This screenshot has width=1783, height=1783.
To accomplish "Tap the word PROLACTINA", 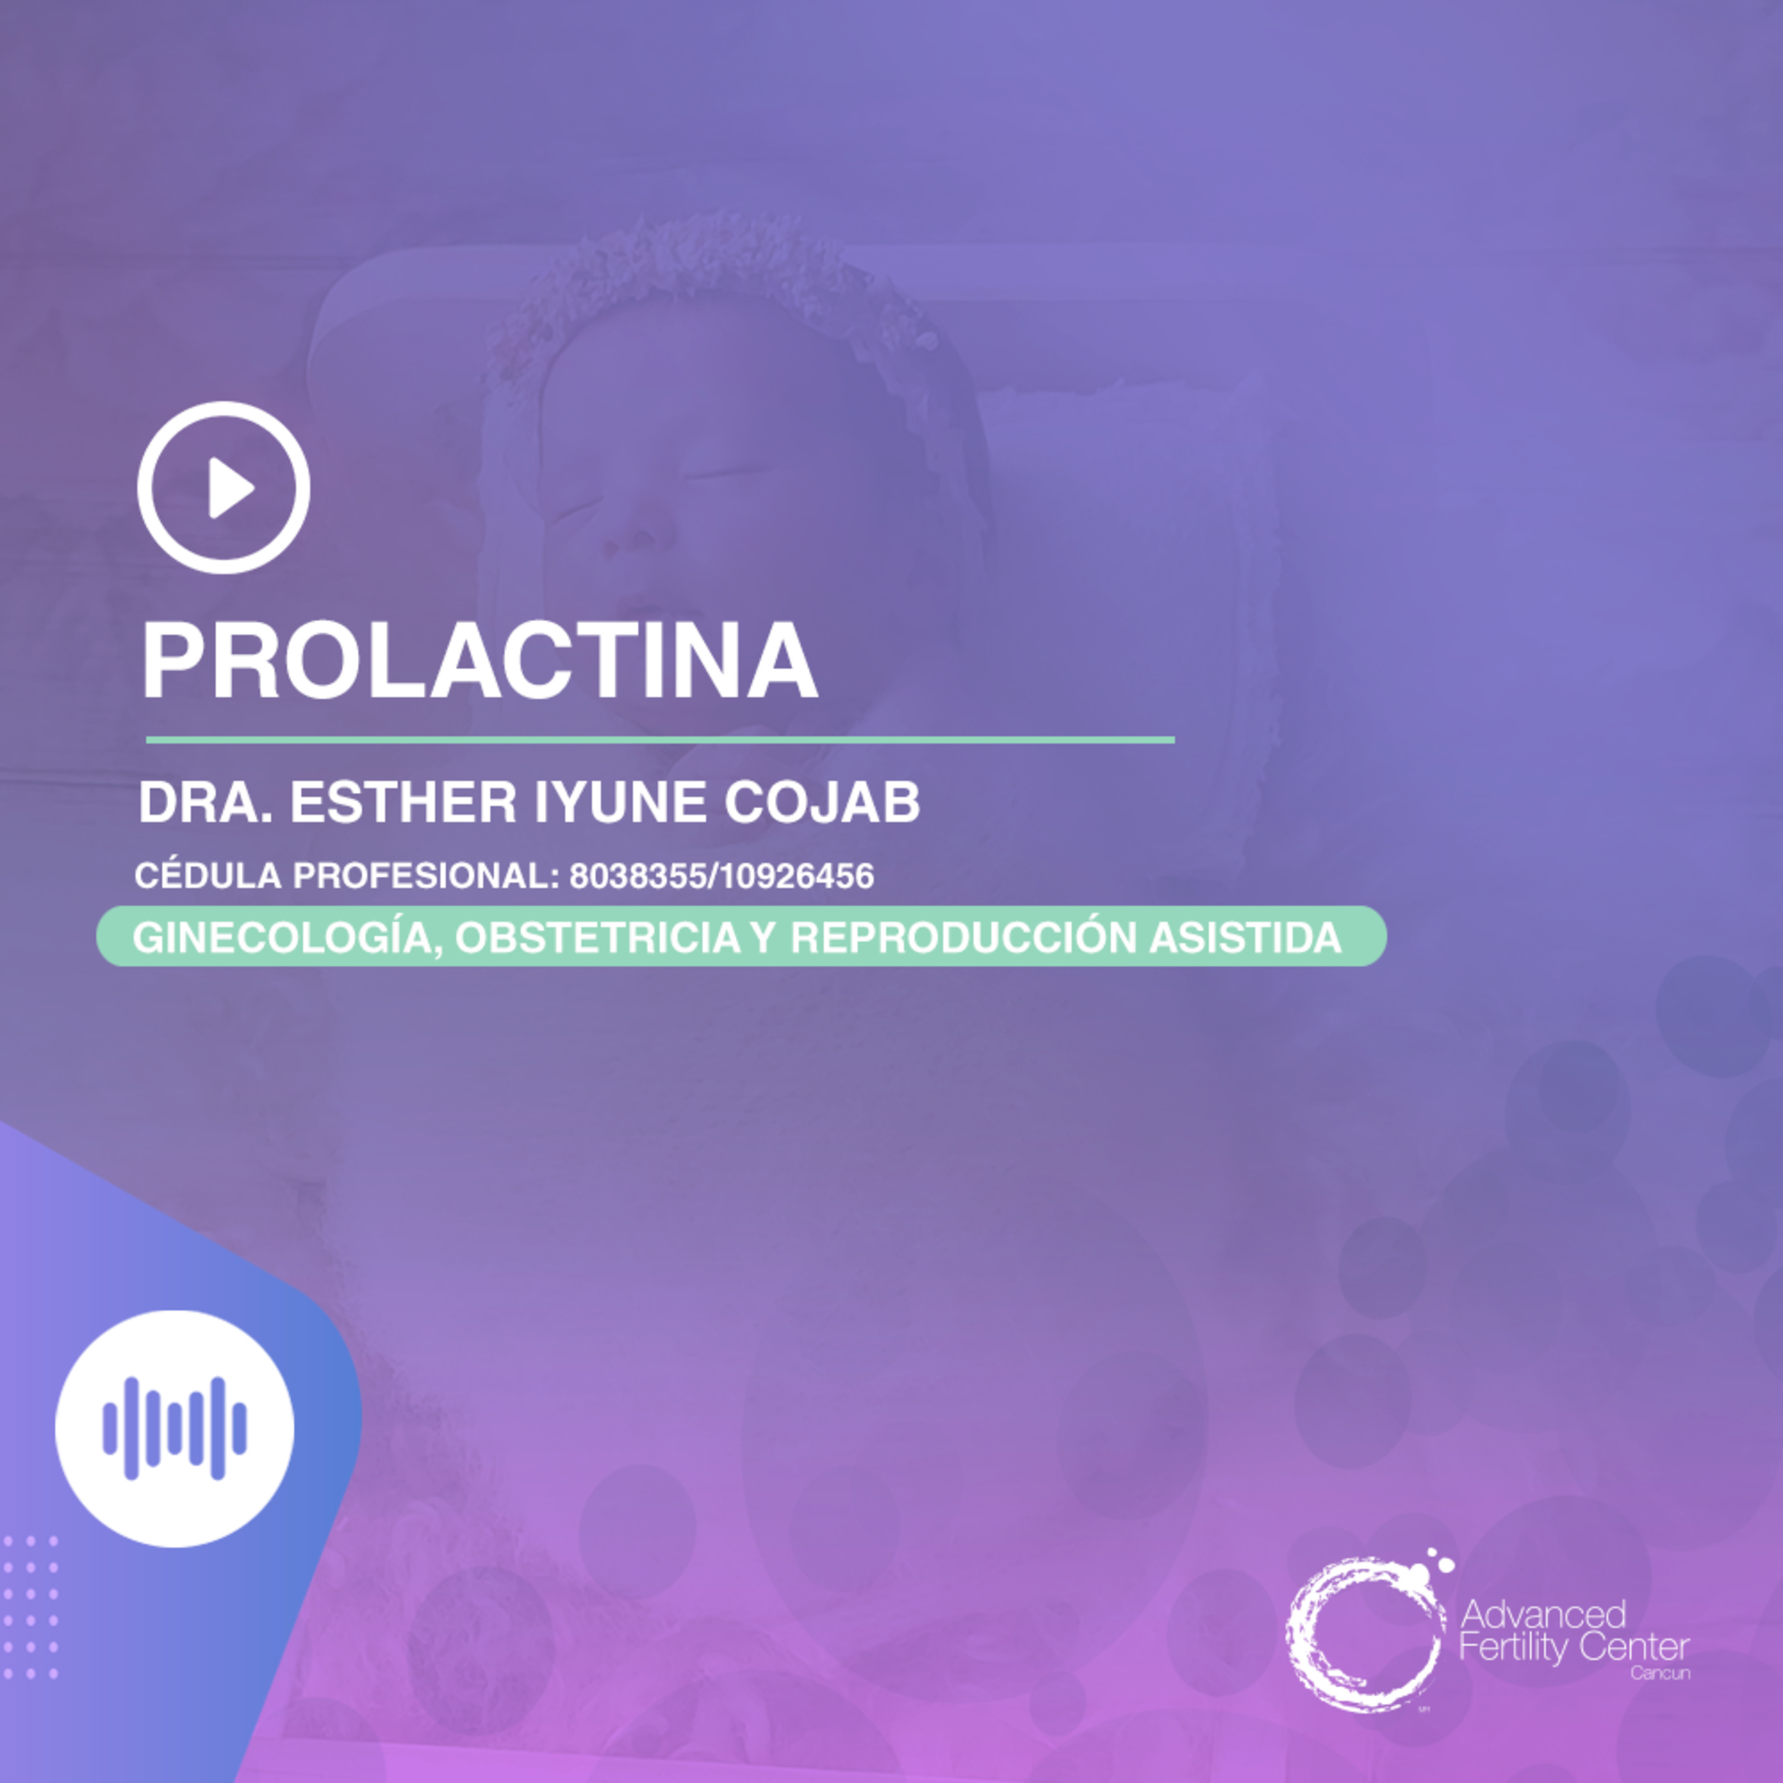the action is point(479,661).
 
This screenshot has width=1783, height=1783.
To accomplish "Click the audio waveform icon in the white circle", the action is point(174,1429).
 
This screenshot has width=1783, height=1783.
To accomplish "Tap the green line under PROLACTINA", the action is point(660,739).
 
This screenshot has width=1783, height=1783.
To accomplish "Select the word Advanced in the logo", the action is point(1543,1614).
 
